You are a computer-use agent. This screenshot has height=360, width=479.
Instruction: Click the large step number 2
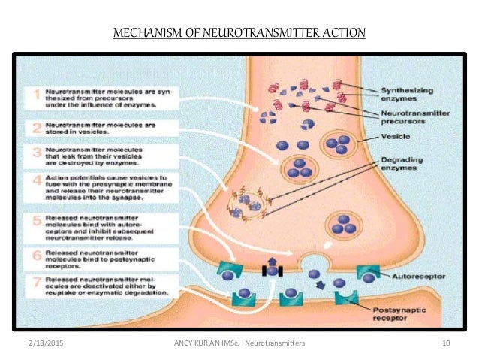34,126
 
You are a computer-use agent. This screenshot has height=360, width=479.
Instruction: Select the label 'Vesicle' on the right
395,138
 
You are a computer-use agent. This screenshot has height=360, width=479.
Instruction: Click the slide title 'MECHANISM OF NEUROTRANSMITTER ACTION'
239,32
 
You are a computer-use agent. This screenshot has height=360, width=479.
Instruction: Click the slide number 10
446,343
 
